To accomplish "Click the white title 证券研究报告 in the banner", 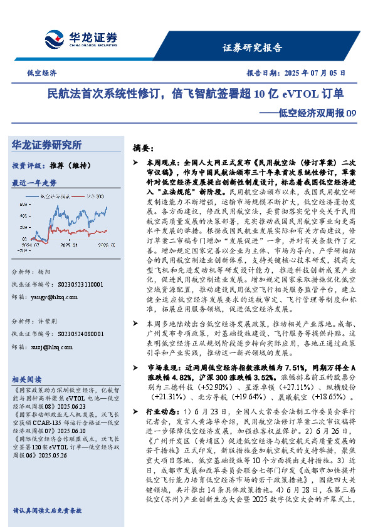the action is pos(252,48).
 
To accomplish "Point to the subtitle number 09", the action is pos(351,113).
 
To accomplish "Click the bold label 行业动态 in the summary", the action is pos(162,412).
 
